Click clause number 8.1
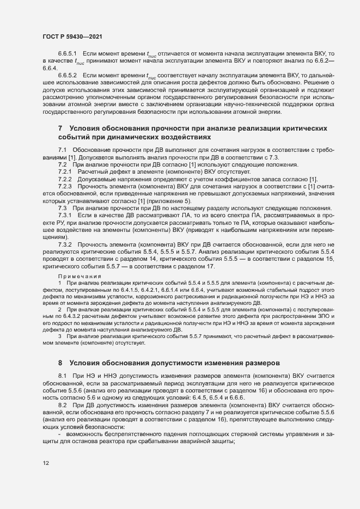click(62, 377)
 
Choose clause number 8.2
click(62, 406)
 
